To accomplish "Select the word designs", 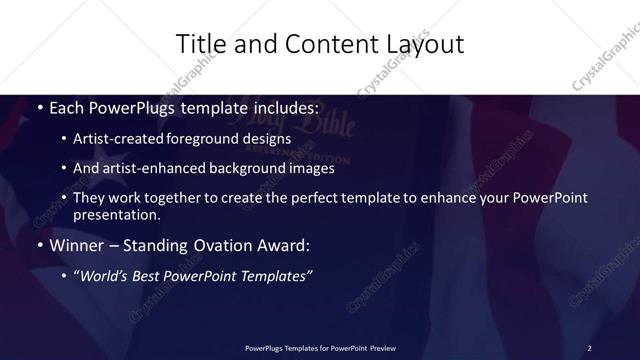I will click(264, 138).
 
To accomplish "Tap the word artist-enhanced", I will click(155, 169).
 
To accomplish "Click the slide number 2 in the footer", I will click(590, 347).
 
